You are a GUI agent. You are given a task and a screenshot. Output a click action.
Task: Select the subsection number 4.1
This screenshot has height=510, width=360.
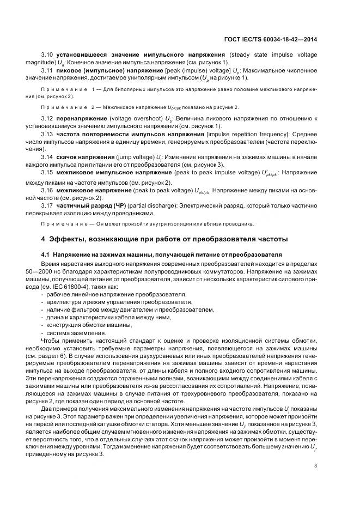(45, 254)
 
